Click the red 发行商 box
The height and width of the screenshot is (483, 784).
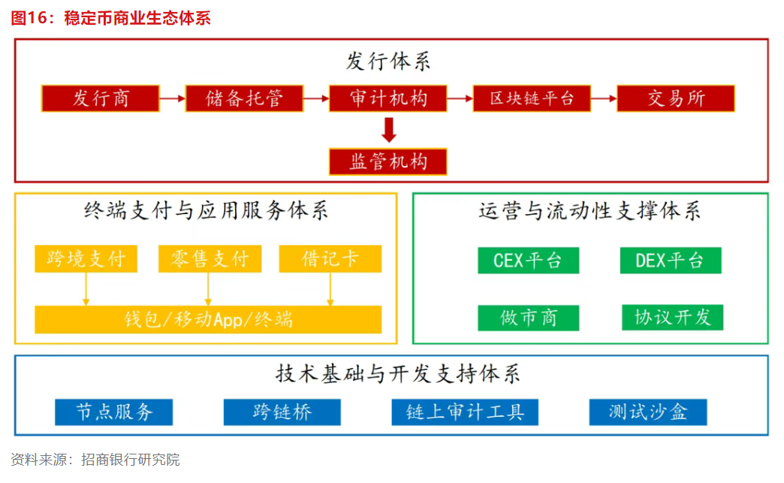[101, 98]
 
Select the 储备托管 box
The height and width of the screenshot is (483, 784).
[244, 98]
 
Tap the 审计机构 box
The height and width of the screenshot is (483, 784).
[388, 98]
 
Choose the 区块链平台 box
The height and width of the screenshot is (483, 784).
[532, 98]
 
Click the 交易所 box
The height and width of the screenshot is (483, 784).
[676, 98]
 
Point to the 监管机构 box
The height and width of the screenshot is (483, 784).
[388, 162]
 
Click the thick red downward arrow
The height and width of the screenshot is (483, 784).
[388, 130]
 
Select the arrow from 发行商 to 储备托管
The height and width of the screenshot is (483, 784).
[173, 98]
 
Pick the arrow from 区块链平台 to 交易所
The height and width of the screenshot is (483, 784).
[604, 98]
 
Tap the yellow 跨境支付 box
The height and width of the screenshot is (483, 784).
[86, 258]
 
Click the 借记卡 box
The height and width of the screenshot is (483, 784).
[330, 258]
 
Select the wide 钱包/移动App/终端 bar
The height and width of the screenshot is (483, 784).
[208, 319]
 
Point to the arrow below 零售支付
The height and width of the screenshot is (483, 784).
[208, 289]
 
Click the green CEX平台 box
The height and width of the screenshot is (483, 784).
[529, 261]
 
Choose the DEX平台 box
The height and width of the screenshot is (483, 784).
[671, 261]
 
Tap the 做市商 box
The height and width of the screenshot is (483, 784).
[529, 318]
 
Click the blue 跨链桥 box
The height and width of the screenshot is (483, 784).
[282, 412]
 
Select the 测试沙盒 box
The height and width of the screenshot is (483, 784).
[648, 412]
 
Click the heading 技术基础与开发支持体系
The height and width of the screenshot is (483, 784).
[398, 373]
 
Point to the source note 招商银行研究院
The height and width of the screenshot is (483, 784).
[131, 460]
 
